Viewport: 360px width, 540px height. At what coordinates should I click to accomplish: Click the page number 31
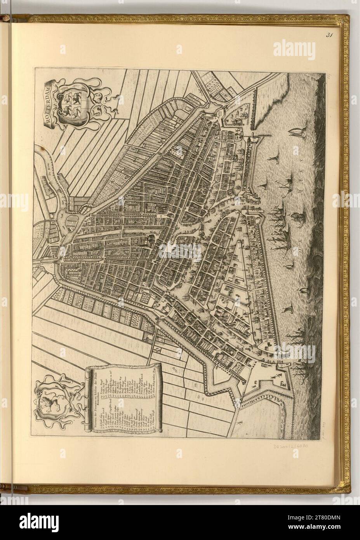pos(330,35)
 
